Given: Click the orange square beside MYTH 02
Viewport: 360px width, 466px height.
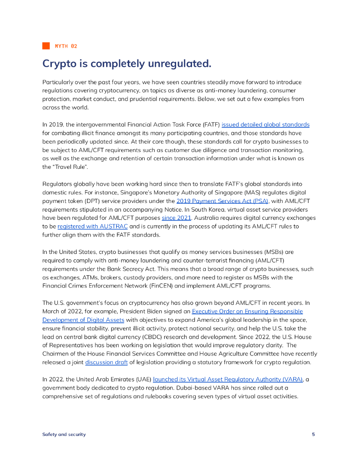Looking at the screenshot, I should pos(46,46).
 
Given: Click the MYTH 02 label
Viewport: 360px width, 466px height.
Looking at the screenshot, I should pos(66,46).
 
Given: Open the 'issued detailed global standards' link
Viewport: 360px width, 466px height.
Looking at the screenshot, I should pos(265,124).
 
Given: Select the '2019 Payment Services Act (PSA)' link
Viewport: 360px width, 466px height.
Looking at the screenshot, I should pos(223,201).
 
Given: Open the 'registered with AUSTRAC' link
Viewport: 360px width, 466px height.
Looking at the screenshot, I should pos(92,226).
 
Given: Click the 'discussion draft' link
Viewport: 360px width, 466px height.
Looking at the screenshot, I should pos(106,362).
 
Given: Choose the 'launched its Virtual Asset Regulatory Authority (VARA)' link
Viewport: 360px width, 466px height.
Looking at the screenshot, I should pos(228,379).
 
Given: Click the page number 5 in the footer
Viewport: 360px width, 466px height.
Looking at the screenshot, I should pos(313,434).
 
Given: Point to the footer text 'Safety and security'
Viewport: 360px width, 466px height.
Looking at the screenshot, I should pos(64,434).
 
